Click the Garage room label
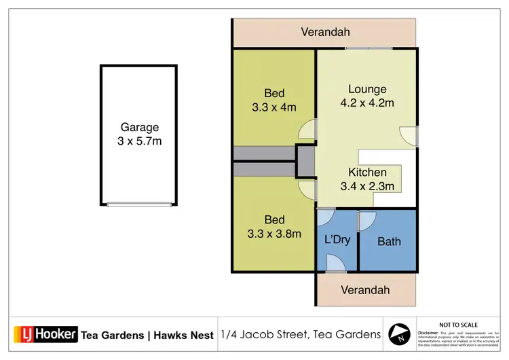(139, 127)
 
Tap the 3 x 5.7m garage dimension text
(139, 141)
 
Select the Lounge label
(367, 89)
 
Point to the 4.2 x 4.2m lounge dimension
(367, 103)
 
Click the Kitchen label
(367, 173)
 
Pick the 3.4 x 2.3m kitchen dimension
(367, 186)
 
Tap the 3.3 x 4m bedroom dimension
(274, 107)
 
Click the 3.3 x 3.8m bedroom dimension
(274, 234)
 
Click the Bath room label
(389, 241)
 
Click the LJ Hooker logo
(45, 335)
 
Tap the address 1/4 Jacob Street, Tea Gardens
(300, 335)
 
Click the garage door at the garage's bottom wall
(139, 204)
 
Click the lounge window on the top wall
(367, 48)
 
